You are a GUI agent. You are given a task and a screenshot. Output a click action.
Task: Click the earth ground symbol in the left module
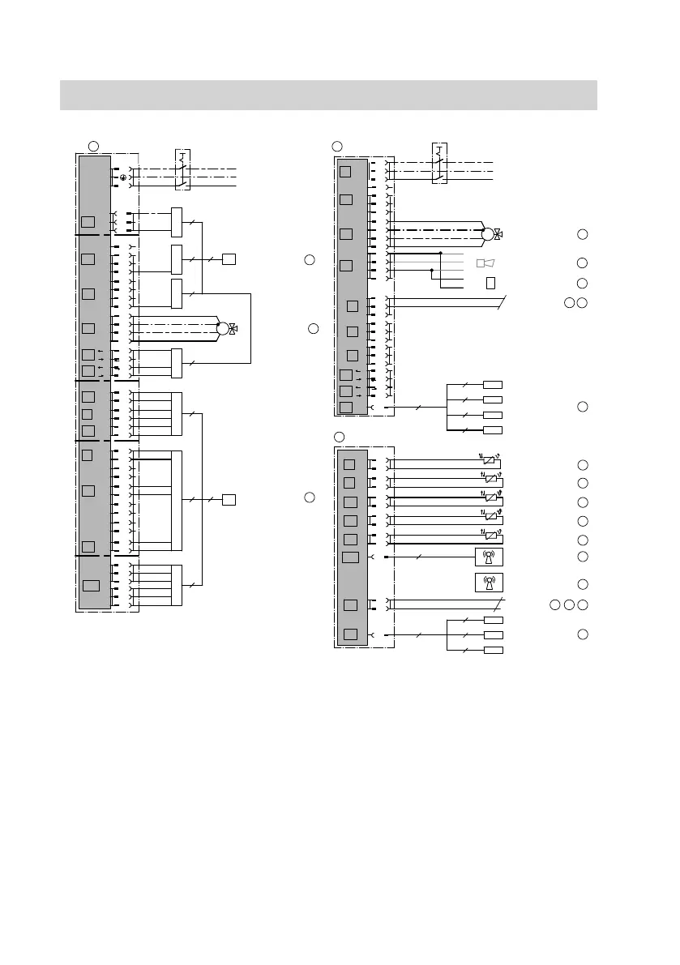coord(123,177)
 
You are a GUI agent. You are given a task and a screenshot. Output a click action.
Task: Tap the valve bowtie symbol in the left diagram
coord(233,329)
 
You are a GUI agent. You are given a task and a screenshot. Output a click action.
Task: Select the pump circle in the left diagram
coord(223,329)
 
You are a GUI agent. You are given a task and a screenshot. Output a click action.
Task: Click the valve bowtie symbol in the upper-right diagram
coord(498,235)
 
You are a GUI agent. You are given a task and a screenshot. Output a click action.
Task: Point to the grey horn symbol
coord(485,263)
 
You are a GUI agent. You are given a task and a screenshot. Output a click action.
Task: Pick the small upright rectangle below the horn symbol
coord(490,283)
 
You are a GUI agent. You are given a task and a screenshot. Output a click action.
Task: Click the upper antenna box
coord(489,557)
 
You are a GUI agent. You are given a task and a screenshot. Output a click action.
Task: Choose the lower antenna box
coord(489,583)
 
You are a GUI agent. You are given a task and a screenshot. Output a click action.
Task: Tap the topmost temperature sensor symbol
coord(489,459)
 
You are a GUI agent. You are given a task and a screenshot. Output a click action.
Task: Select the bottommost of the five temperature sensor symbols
coord(489,535)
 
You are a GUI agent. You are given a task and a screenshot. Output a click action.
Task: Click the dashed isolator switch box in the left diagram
coord(182,169)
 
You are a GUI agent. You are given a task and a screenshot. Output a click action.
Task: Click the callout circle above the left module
coord(93,145)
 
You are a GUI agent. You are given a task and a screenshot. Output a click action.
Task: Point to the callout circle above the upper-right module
coord(338,146)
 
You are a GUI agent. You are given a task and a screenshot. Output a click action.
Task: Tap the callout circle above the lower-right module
coord(339,438)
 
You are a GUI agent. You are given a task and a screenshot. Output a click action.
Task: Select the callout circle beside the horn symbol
coord(582,263)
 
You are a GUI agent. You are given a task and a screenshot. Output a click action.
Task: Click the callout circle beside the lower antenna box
coord(582,583)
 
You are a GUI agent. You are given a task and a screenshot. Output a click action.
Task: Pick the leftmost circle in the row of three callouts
coord(554,605)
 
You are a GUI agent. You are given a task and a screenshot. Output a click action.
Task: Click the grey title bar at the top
coord(328,95)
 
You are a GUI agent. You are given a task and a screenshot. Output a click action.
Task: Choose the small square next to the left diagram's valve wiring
coord(229,259)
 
